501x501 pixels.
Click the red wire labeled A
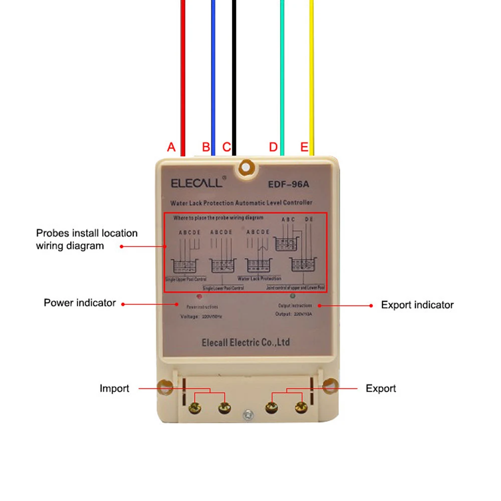(183, 75)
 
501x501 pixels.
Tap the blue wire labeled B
(213, 75)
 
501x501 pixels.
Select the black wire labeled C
(234, 75)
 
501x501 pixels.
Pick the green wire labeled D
(282, 75)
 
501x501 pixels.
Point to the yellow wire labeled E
(312, 75)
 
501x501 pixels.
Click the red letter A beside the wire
(171, 147)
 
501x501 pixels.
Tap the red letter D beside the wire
(273, 147)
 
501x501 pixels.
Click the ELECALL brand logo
(197, 183)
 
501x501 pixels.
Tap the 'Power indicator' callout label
(80, 303)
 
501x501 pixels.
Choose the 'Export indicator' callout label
(417, 305)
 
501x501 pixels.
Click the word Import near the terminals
(114, 389)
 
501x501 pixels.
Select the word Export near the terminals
(381, 389)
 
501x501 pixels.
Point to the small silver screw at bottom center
(246, 415)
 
